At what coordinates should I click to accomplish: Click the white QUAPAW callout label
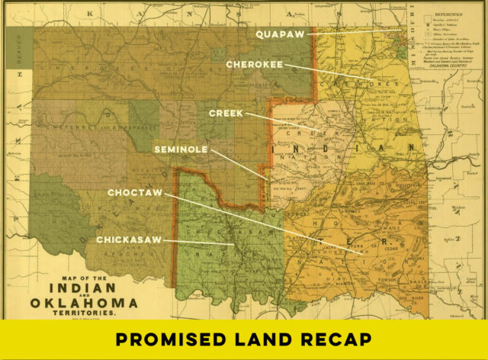click(x=281, y=34)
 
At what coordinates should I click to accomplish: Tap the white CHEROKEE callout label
click(x=254, y=66)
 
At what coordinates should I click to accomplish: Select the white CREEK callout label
click(x=226, y=113)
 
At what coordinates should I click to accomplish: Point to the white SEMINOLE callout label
click(x=181, y=150)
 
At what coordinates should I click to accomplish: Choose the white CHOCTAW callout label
click(x=135, y=192)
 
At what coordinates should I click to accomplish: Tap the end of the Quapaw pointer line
click(x=402, y=31)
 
